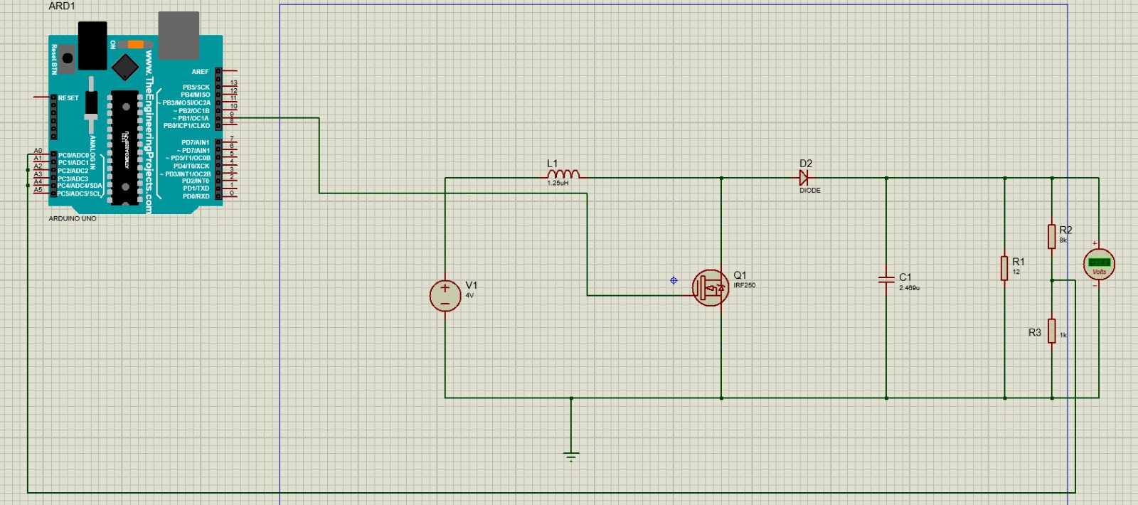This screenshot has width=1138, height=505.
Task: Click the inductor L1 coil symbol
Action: pyautogui.click(x=563, y=174)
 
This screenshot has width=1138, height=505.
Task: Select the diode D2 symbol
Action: pyautogui.click(x=804, y=179)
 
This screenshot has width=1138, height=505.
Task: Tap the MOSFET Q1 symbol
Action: pyautogui.click(x=710, y=288)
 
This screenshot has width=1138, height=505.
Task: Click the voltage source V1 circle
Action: pyautogui.click(x=445, y=296)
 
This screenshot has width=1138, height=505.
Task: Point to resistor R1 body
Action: pyautogui.click(x=1004, y=268)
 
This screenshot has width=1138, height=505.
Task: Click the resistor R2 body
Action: pyautogui.click(x=1051, y=236)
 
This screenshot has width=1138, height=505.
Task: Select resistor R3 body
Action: pyautogui.click(x=1051, y=331)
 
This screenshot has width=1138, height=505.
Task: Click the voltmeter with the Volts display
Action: pyautogui.click(x=1099, y=265)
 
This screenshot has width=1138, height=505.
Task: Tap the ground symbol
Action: pyautogui.click(x=571, y=455)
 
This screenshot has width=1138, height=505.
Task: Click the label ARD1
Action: pyautogui.click(x=62, y=6)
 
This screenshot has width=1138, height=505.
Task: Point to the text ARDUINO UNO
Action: pyautogui.click(x=73, y=219)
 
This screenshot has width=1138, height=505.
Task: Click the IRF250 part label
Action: pyautogui.click(x=745, y=286)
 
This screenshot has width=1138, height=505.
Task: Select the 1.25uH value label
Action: pyautogui.click(x=558, y=184)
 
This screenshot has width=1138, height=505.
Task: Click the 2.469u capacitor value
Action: pyautogui.click(x=909, y=288)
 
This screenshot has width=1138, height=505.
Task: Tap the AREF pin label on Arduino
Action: pyautogui.click(x=200, y=72)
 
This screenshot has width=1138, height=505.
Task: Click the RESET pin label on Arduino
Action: pyautogui.click(x=68, y=98)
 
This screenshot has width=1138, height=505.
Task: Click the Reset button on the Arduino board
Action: pyautogui.click(x=67, y=58)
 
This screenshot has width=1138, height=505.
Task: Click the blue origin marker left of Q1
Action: pyautogui.click(x=674, y=281)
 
